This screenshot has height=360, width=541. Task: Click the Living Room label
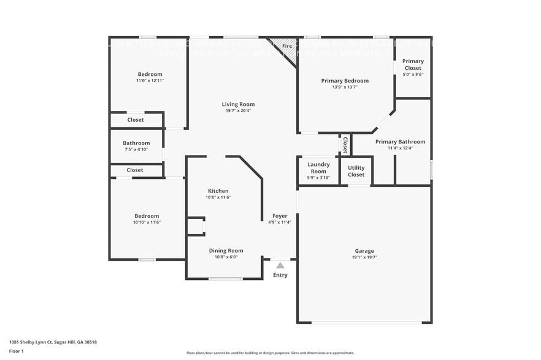click(238, 104)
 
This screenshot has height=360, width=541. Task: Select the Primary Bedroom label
click(345, 80)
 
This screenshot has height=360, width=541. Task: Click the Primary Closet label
click(413, 64)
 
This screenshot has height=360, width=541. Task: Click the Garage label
click(364, 250)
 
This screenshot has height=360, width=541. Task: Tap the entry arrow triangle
click(280, 265)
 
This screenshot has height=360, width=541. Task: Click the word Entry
click(280, 275)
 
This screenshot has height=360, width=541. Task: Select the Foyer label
click(280, 216)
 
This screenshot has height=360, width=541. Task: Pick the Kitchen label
click(218, 191)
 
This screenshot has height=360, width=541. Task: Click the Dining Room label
click(226, 250)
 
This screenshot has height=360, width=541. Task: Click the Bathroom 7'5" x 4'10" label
click(136, 143)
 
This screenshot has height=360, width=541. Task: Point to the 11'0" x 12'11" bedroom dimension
click(150, 81)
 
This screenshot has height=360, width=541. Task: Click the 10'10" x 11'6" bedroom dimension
click(147, 222)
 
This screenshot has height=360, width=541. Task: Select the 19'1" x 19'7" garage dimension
click(364, 257)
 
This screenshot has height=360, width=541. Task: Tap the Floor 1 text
click(16, 351)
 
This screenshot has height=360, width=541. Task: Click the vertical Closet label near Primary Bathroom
click(345, 145)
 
